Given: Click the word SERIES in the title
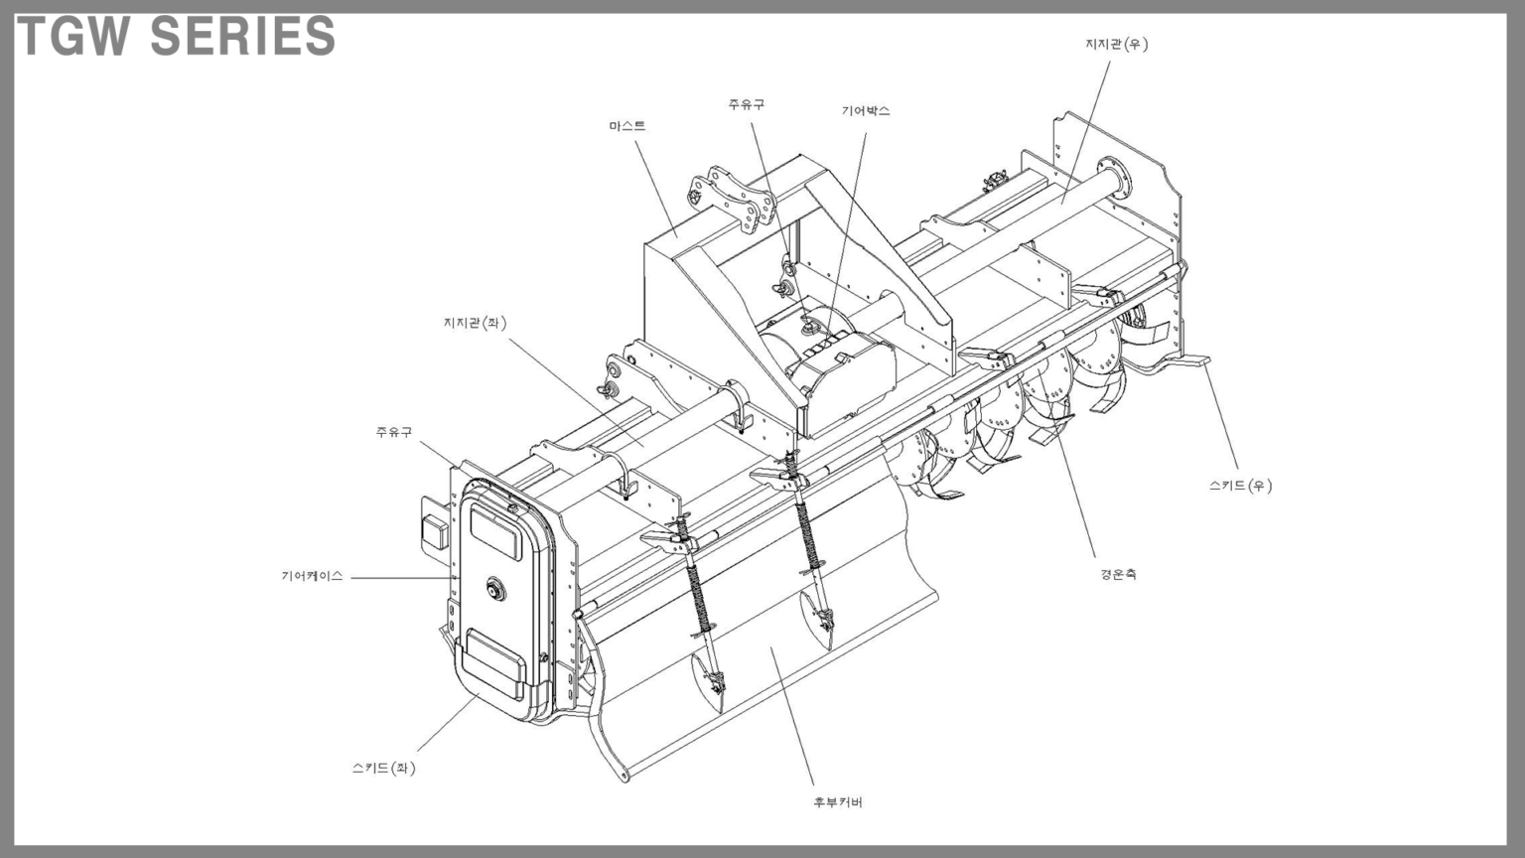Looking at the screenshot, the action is [x=243, y=36].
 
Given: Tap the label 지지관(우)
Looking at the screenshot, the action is [x=1117, y=45].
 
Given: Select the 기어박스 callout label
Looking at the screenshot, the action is [x=866, y=111].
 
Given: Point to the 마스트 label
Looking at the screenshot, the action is [x=627, y=127].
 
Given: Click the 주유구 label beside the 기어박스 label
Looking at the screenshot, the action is [x=747, y=104].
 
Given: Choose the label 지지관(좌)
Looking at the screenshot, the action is [x=476, y=323].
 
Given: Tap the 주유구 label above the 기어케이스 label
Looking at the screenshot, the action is [x=394, y=432].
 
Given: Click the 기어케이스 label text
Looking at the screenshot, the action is [x=313, y=576].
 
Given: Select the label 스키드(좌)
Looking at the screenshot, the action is [x=384, y=768].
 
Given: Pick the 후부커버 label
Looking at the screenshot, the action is [x=838, y=802].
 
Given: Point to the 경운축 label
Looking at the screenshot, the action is [x=1119, y=574].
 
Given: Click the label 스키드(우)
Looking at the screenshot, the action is [x=1240, y=486].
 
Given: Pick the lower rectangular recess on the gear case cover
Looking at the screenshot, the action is [x=495, y=664].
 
